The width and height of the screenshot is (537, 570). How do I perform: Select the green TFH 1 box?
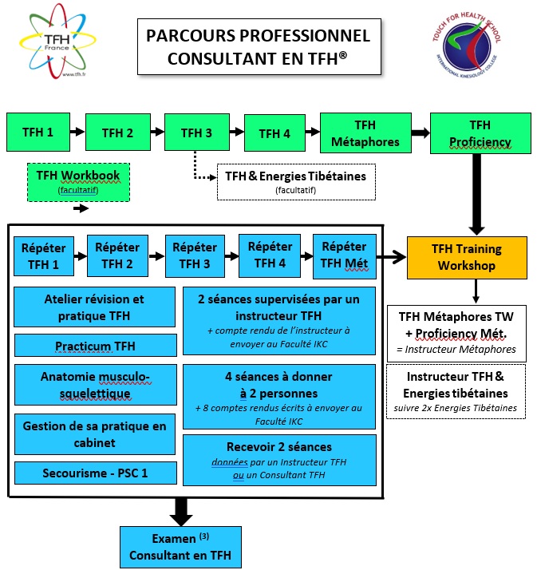click(x=38, y=133)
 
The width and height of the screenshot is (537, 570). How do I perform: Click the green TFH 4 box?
click(x=275, y=133)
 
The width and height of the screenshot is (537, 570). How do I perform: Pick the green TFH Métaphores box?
click(x=364, y=133)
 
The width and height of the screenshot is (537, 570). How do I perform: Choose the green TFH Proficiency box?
click(x=480, y=133)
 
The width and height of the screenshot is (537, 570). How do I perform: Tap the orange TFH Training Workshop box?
click(x=467, y=257)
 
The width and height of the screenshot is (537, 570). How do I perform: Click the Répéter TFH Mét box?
click(x=343, y=255)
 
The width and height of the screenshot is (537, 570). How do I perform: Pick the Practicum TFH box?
click(x=95, y=345)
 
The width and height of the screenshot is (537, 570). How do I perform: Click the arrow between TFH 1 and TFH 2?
click(x=76, y=133)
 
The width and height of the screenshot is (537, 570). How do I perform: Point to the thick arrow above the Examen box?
click(x=182, y=509)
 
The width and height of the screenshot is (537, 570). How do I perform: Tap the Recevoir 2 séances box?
click(x=279, y=457)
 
